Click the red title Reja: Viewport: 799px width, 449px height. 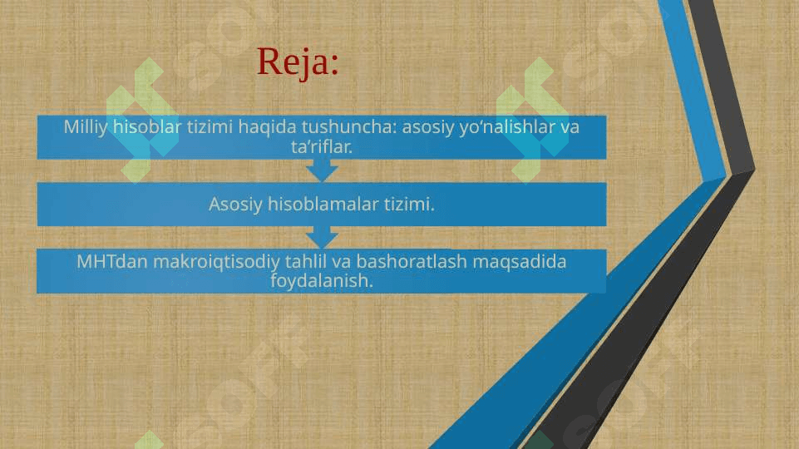(x=298, y=62)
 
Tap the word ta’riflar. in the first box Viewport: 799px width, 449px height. (x=322, y=147)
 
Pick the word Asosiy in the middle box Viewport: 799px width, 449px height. (x=235, y=205)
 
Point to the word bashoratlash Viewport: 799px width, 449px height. (x=412, y=261)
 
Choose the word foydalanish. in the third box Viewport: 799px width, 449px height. (x=322, y=280)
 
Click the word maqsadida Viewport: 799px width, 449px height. (x=520, y=262)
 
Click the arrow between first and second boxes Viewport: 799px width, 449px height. (x=322, y=170)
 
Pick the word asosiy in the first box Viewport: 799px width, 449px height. (x=428, y=127)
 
